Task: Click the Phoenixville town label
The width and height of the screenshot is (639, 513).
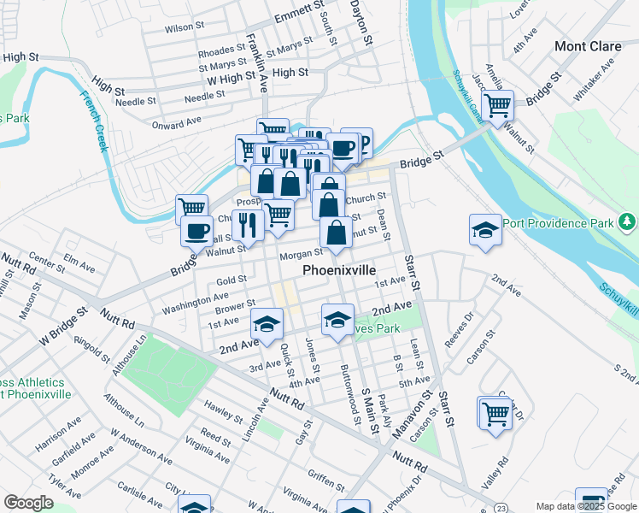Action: [339, 270]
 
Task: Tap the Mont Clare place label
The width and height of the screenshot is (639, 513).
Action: [587, 46]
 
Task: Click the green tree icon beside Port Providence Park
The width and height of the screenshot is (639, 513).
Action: [628, 223]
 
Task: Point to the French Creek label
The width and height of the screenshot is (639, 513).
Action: [94, 121]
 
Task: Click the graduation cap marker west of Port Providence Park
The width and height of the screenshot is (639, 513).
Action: [484, 229]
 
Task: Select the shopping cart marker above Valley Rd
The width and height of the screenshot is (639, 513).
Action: [495, 413]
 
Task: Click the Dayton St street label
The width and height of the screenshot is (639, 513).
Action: [362, 22]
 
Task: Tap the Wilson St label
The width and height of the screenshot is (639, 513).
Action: [180, 28]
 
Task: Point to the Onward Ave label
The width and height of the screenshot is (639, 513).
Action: [176, 124]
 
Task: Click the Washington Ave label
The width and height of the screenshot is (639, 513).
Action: [196, 301]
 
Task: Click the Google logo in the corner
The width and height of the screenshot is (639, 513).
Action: [28, 504]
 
